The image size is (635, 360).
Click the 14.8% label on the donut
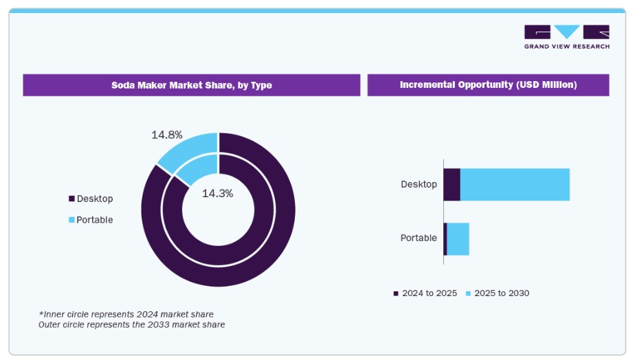tap(167, 135)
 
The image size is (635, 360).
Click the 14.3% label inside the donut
tap(217, 194)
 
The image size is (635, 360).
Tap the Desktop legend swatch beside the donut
tap(71, 199)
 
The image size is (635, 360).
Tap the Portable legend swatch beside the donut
tap(71, 220)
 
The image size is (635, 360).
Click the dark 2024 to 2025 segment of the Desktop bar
tap(452, 185)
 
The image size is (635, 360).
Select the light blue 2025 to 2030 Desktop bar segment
tap(515, 185)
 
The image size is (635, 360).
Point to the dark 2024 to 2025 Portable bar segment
tap(445, 239)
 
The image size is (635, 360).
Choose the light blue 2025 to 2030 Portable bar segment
tap(458, 239)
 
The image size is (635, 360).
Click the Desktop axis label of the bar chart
tap(419, 184)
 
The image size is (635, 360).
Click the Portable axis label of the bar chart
tap(419, 238)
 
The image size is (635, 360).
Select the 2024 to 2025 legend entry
tap(425, 293)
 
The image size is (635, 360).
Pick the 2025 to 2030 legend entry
tap(498, 293)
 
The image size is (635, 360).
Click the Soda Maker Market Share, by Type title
tap(192, 85)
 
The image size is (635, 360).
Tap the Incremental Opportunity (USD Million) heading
tap(489, 85)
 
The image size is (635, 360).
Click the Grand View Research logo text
tap(567, 47)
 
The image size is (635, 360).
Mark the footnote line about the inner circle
tap(126, 314)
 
